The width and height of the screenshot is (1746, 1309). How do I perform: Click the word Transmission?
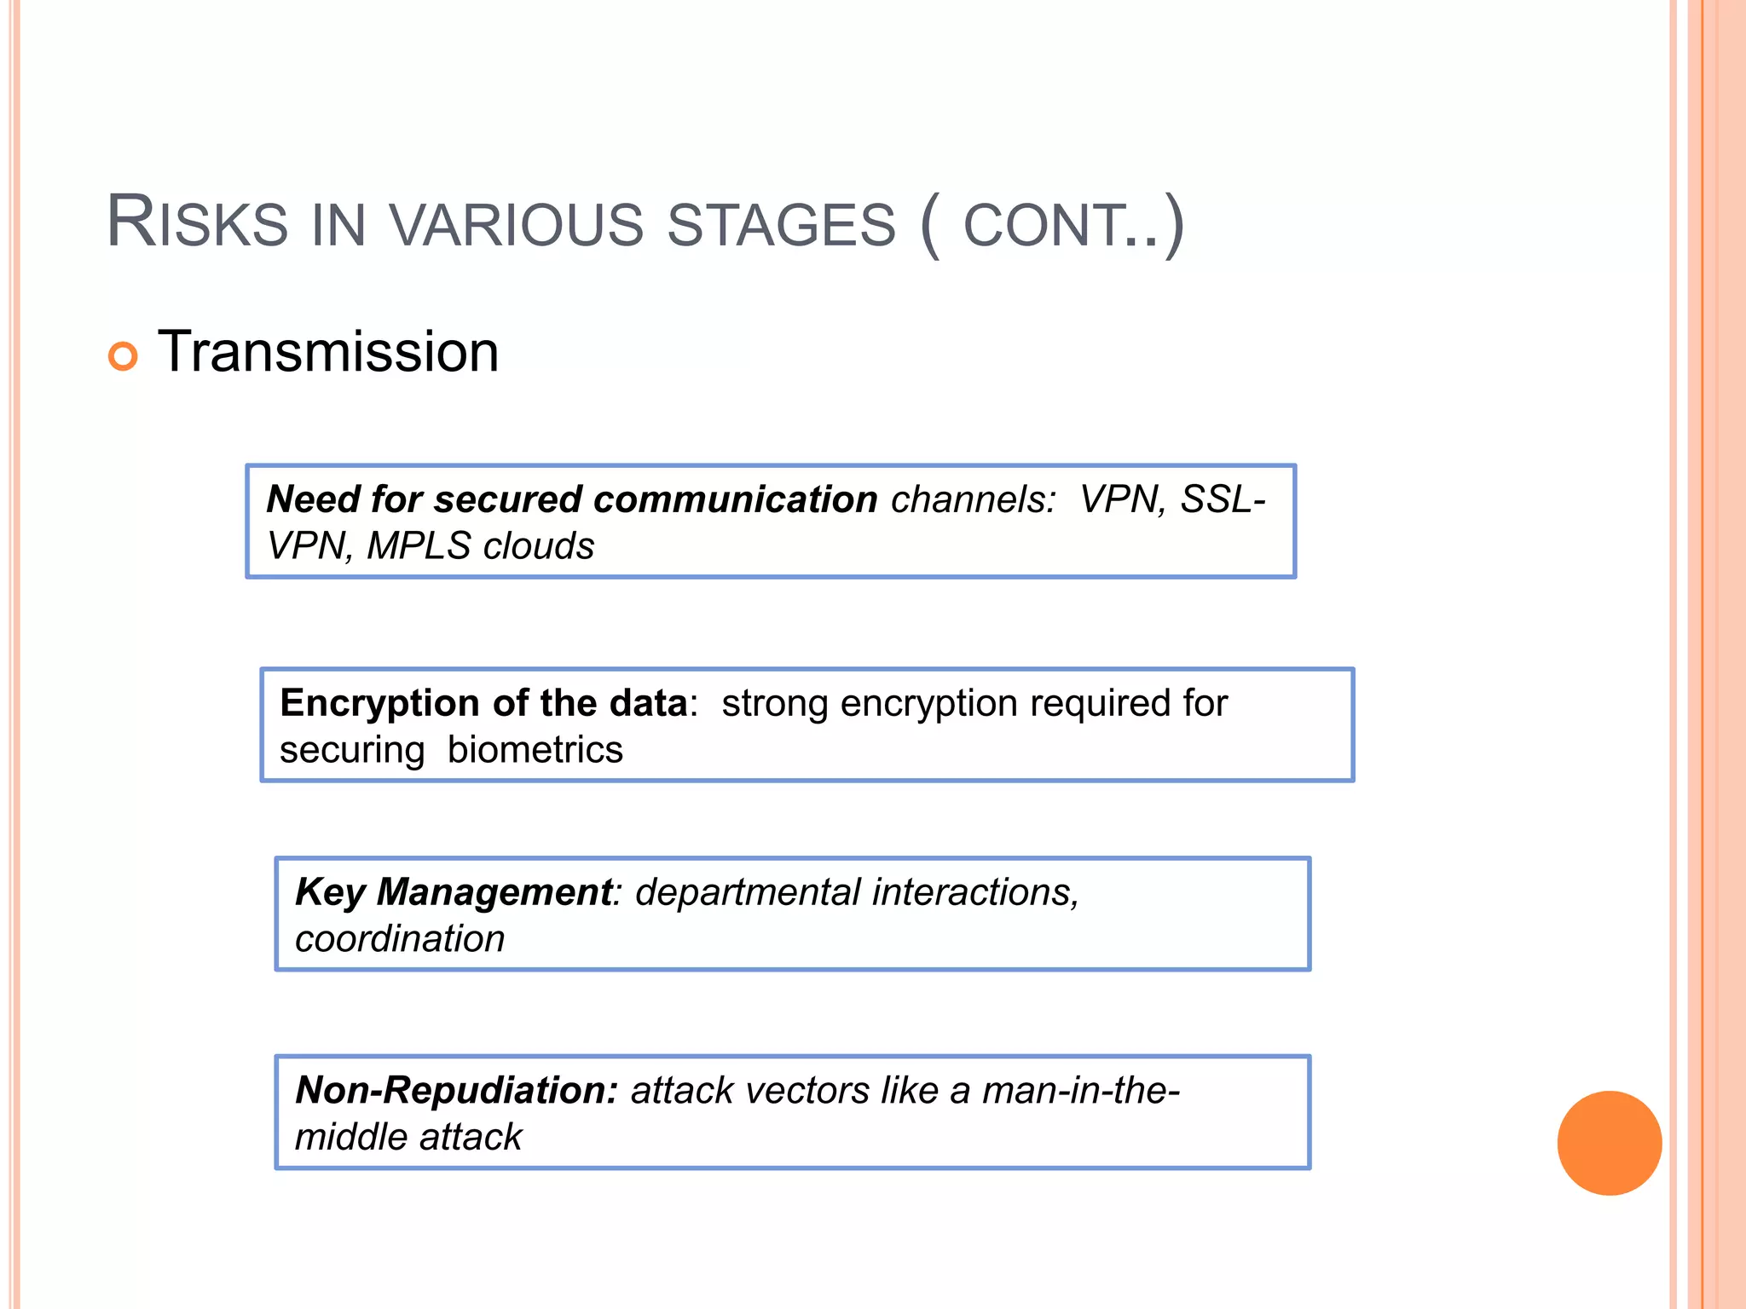[x=328, y=352]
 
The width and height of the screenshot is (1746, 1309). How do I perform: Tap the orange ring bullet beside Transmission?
[x=123, y=355]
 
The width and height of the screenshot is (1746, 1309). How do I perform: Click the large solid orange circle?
[x=1609, y=1143]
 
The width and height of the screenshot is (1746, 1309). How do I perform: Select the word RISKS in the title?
[x=197, y=223]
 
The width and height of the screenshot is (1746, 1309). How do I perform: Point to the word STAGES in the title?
[x=781, y=225]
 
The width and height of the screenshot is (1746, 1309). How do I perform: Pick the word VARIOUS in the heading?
[x=516, y=225]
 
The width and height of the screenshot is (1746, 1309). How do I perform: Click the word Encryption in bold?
[x=379, y=703]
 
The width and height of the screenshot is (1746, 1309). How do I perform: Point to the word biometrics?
[x=535, y=750]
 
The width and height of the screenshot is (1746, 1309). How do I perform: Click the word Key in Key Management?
[x=329, y=892]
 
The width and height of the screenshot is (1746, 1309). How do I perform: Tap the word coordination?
[x=400, y=939]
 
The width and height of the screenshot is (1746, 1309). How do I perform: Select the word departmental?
[x=748, y=892]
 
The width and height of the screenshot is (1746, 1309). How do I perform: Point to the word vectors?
[x=810, y=1090]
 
